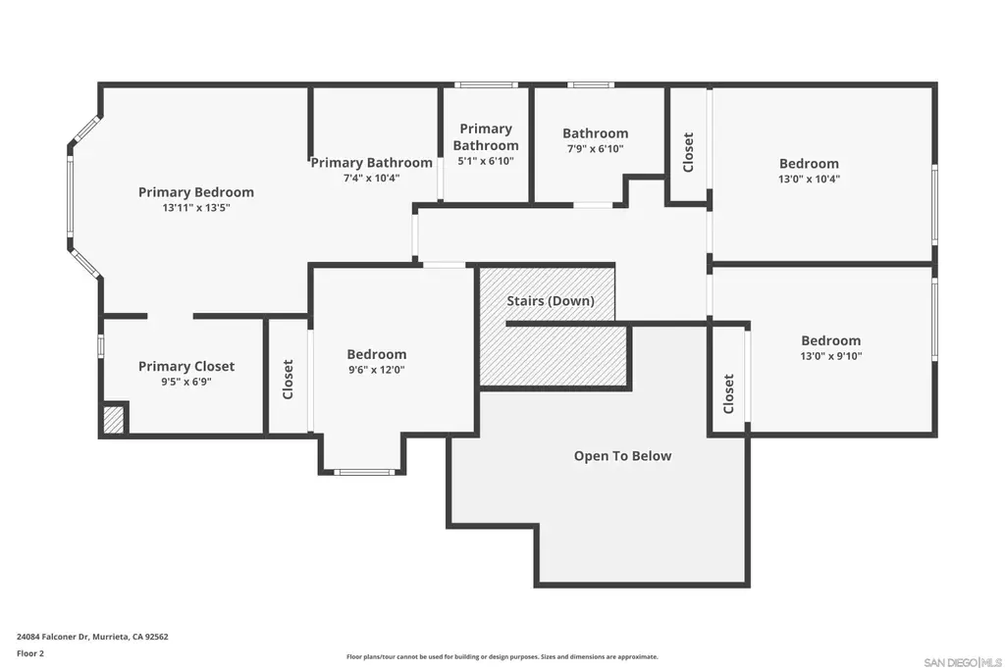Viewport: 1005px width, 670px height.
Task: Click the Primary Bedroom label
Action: pyautogui.click(x=196, y=192)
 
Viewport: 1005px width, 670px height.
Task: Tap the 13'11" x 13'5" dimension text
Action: pyautogui.click(x=196, y=208)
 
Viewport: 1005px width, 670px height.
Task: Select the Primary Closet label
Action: pyautogui.click(x=186, y=366)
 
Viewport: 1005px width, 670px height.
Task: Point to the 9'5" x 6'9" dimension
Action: pyautogui.click(x=186, y=382)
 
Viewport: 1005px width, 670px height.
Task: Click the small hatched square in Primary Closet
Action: pyautogui.click(x=114, y=420)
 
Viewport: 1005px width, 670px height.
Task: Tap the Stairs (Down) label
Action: pyautogui.click(x=551, y=301)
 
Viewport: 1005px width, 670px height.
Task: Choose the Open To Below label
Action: pyautogui.click(x=622, y=456)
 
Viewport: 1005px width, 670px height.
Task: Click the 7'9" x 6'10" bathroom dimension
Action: pyautogui.click(x=596, y=148)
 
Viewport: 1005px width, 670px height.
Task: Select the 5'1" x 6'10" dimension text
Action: pyautogui.click(x=486, y=161)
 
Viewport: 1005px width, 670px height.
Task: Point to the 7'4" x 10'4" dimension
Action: pyautogui.click(x=372, y=179)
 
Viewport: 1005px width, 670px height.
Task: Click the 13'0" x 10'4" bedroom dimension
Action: pyautogui.click(x=809, y=180)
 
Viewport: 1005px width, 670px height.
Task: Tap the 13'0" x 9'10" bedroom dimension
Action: pyautogui.click(x=830, y=356)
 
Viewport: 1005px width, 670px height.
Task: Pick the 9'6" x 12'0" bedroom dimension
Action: pyautogui.click(x=377, y=370)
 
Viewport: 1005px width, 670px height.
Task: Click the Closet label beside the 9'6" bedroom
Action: pyautogui.click(x=288, y=380)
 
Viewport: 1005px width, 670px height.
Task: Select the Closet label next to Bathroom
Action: pyautogui.click(x=688, y=152)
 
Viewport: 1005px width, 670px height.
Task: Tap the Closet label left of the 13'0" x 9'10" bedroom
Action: pyautogui.click(x=728, y=394)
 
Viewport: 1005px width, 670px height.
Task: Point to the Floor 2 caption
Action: pyautogui.click(x=30, y=653)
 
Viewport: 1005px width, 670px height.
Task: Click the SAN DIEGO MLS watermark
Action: pyautogui.click(x=963, y=662)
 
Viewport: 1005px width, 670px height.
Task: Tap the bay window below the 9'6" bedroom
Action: pyautogui.click(x=363, y=472)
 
